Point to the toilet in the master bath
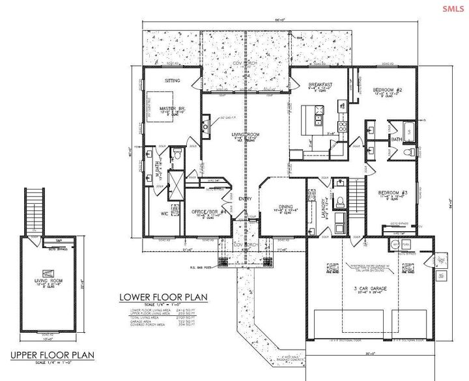point(175,154)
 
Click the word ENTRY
point(245,199)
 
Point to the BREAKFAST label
point(321,85)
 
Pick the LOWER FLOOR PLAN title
point(162,297)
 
